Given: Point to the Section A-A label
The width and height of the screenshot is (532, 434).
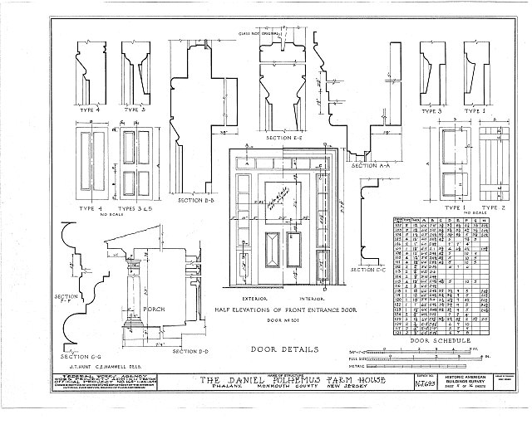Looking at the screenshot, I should tap(369, 166).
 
